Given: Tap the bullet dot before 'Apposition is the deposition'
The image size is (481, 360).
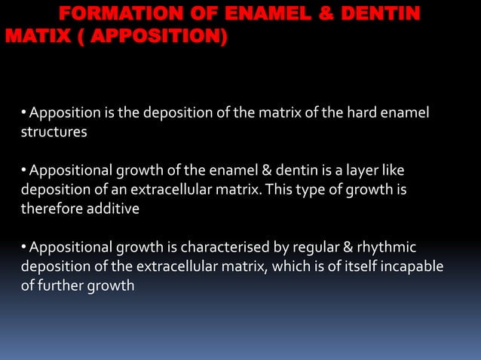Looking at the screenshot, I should (x=25, y=113).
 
